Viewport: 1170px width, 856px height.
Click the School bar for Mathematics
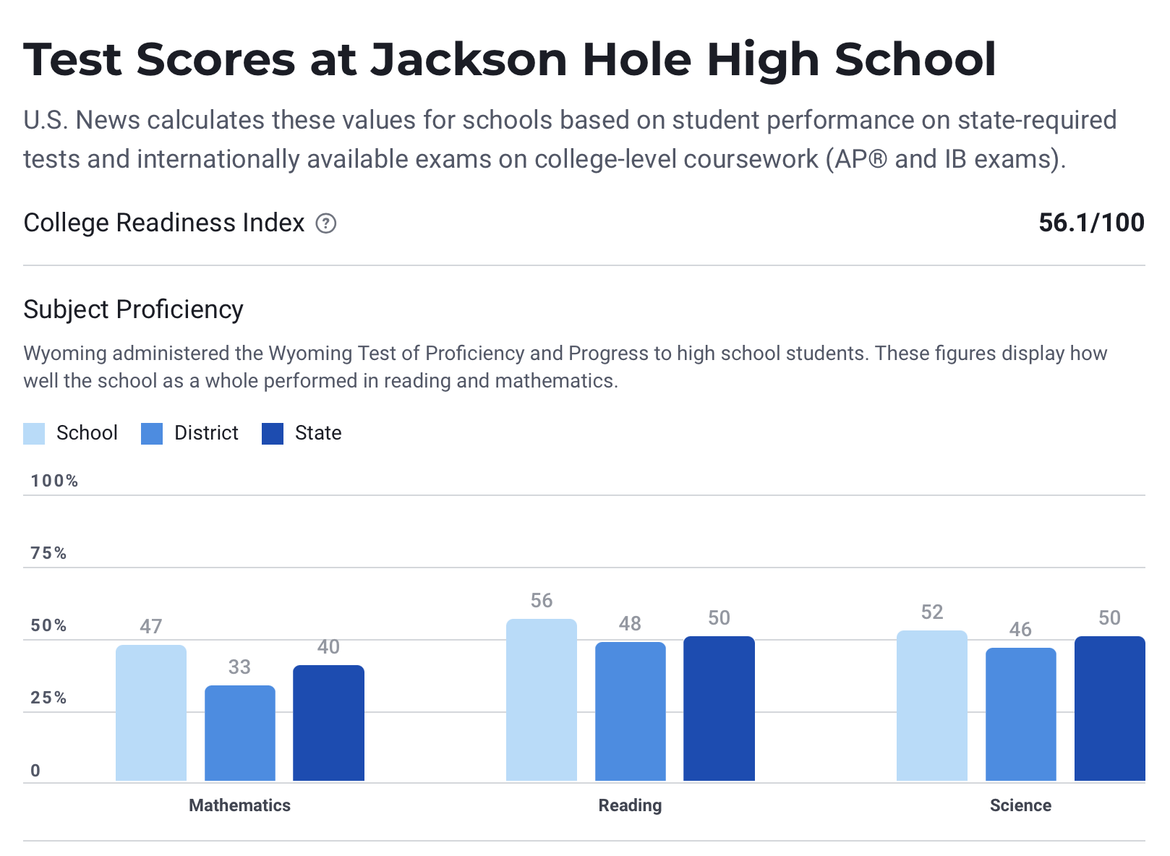click(x=151, y=713)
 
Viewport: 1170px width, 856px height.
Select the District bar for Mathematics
click(x=240, y=733)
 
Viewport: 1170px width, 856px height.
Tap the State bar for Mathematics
click(x=328, y=723)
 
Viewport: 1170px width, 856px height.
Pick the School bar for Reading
click(x=542, y=700)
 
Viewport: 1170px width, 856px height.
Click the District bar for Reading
click(x=631, y=711)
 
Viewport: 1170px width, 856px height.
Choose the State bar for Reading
click(x=719, y=709)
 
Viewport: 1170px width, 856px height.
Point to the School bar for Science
click(x=932, y=706)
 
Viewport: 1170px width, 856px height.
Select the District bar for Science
click(x=1021, y=714)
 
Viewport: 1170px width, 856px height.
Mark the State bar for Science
click(x=1109, y=709)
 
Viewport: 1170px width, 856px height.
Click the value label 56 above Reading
click(x=542, y=601)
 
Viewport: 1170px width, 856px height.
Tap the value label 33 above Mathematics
click(x=239, y=667)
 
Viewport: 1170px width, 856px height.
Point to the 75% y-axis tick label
click(x=48, y=553)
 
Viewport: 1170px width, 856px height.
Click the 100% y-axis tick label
click(x=54, y=481)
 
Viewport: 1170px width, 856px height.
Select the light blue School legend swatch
click(x=34, y=434)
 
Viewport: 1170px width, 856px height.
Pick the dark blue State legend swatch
click(x=273, y=434)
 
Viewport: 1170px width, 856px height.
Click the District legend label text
click(x=206, y=433)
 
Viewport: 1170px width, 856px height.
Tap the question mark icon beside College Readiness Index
click(x=326, y=224)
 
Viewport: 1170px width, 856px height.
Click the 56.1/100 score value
click(x=1091, y=223)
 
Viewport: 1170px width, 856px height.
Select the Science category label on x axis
click(x=1020, y=805)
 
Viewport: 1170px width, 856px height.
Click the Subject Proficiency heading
click(x=134, y=309)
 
